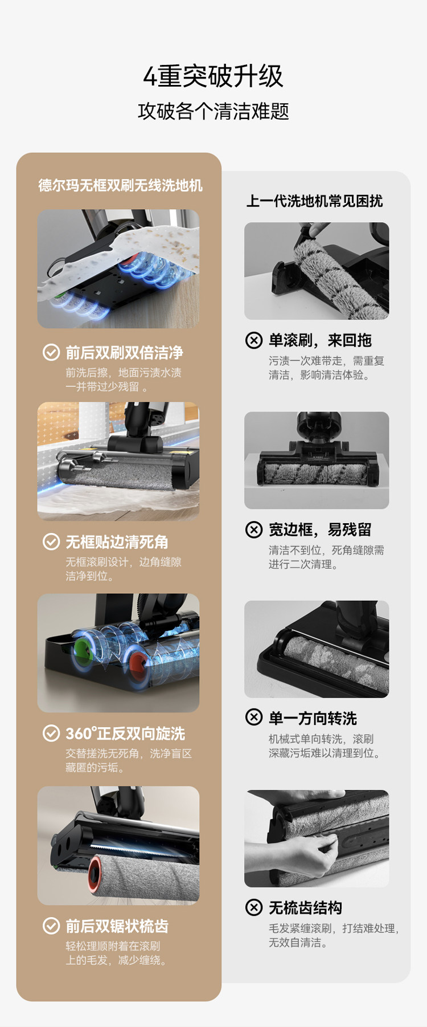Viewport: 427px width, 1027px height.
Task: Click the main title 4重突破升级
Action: [213, 76]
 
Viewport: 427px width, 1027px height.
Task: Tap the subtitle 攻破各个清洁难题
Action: [213, 111]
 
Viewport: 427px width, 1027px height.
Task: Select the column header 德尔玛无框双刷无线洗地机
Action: [120, 185]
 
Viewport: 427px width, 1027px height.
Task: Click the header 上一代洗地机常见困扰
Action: [314, 201]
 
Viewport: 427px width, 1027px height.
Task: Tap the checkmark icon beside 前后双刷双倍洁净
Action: [51, 352]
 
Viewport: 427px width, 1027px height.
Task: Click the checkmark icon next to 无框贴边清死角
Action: [51, 541]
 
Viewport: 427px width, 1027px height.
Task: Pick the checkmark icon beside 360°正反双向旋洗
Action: [51, 733]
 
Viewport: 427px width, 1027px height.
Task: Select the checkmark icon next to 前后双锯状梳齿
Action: [51, 926]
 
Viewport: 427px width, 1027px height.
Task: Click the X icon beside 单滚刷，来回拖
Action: [254, 340]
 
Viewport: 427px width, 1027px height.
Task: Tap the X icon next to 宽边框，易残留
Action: [254, 529]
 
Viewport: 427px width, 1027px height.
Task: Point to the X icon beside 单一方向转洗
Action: [254, 717]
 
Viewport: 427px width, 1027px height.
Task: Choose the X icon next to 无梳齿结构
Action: [254, 907]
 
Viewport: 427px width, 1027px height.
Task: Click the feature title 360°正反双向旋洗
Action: [125, 733]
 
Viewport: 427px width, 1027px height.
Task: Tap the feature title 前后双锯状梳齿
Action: [117, 926]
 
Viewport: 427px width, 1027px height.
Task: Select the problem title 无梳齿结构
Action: [305, 908]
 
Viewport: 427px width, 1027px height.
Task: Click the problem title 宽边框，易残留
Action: [320, 530]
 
